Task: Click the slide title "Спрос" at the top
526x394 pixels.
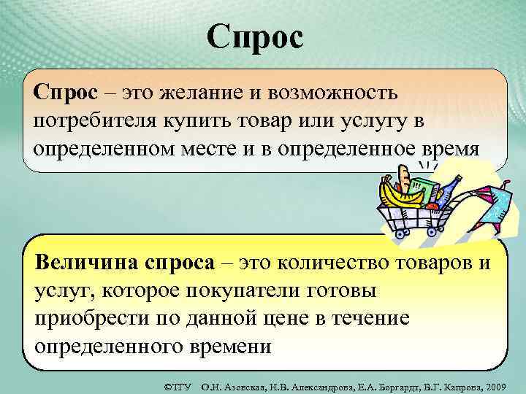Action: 254,36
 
